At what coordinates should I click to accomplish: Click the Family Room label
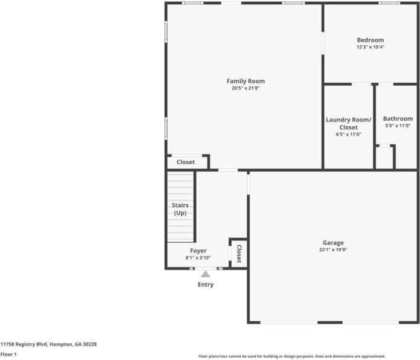246,81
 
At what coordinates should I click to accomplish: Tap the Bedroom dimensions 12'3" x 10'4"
370,47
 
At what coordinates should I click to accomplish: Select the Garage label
333,243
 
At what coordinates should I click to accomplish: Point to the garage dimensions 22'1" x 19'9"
333,250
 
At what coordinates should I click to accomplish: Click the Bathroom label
398,118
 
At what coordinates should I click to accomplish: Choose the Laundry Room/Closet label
348,123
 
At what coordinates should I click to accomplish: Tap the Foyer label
198,251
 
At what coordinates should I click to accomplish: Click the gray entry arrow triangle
205,274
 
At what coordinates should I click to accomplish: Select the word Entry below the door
205,284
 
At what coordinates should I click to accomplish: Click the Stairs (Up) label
180,209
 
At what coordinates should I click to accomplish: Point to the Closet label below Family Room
186,162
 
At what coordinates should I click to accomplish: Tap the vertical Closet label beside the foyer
238,253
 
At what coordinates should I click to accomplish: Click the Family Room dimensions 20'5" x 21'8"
246,88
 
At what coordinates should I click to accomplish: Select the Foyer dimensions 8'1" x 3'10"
198,258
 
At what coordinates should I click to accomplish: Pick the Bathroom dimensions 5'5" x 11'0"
398,126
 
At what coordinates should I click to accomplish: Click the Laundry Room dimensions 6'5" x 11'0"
348,134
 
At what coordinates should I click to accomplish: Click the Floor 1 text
8,355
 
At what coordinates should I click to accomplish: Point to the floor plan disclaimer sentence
292,356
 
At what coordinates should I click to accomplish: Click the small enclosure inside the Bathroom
384,158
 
